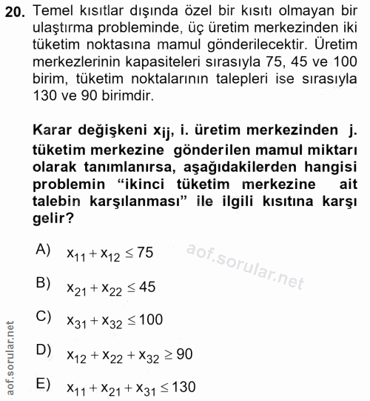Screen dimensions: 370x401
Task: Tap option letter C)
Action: [x=43, y=317]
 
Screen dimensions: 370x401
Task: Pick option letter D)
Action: [x=43, y=351]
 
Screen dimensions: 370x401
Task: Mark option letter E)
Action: [x=43, y=384]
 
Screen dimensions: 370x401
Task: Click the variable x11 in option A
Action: [x=76, y=255]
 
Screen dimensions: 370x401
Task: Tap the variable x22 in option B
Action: [x=112, y=288]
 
